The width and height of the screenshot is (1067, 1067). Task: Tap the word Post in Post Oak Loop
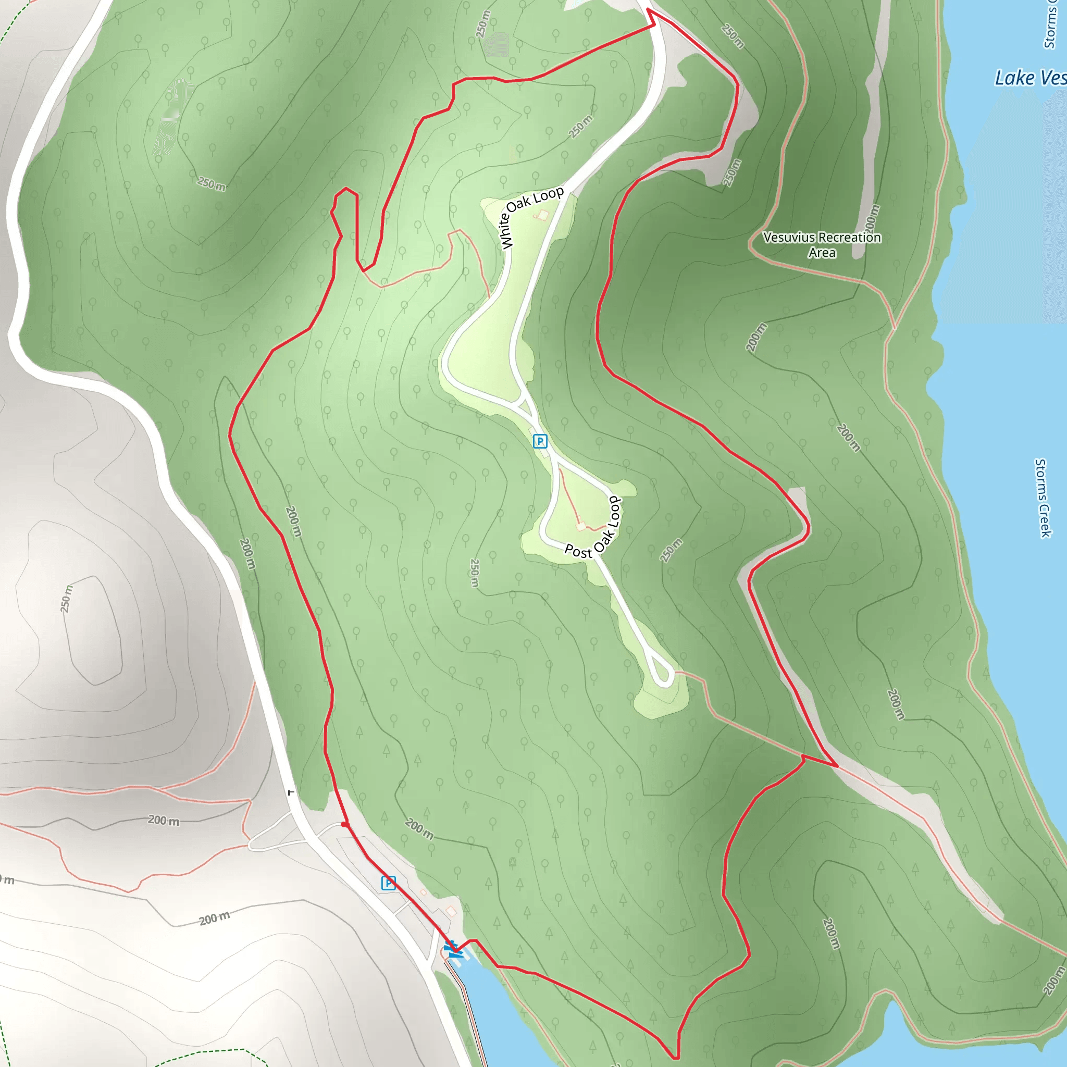coord(578,551)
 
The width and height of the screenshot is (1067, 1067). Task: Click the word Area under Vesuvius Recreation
coord(822,253)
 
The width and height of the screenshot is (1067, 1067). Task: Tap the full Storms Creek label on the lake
coord(1042,498)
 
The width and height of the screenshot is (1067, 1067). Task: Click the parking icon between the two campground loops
coord(540,441)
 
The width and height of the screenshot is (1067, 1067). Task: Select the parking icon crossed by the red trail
coord(389,883)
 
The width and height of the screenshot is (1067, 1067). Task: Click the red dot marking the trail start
coord(344,825)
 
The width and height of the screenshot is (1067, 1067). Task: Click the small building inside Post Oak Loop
coord(581,526)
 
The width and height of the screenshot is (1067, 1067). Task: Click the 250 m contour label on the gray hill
coord(67,599)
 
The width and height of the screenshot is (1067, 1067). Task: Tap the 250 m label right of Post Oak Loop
coord(671,550)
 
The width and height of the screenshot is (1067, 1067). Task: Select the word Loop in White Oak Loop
coord(549,195)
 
